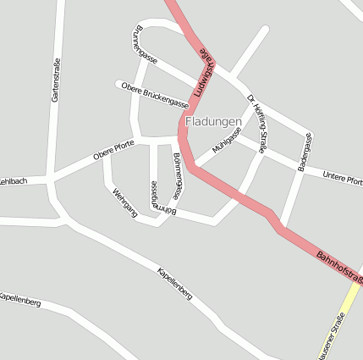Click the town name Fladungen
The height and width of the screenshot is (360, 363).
212,122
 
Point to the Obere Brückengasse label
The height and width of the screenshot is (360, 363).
154,95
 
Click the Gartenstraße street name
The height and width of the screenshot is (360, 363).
57,84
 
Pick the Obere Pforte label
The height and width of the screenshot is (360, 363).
113,149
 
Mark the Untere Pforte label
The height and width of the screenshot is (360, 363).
344,178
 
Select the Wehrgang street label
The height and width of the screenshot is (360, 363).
124,203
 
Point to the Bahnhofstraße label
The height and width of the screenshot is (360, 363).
338,266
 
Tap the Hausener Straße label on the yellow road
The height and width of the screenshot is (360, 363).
331,335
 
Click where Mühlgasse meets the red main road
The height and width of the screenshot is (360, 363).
194,167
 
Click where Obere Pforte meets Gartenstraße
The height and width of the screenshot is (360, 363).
52,177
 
